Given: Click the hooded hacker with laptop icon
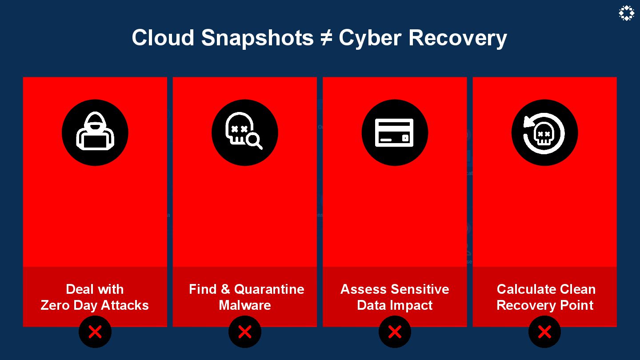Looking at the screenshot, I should [x=95, y=132].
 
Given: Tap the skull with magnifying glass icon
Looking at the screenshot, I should [x=245, y=132].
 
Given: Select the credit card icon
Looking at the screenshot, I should [x=395, y=132].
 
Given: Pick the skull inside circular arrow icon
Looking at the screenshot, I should [x=544, y=132].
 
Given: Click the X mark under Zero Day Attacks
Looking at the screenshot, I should [x=95, y=332].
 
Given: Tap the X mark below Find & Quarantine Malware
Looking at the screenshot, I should [x=245, y=332].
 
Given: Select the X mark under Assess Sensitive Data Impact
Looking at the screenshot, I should [x=395, y=332].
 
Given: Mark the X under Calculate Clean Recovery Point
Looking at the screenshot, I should [x=544, y=332].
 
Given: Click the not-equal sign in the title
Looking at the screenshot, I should [x=326, y=38].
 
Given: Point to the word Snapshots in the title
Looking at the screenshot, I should [x=257, y=38].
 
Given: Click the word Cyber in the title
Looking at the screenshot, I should [x=370, y=38].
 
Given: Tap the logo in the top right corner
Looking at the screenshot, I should [x=626, y=13].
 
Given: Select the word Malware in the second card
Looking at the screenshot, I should [x=245, y=305].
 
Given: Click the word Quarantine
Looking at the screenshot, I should [x=269, y=289].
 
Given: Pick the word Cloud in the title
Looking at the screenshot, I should [x=163, y=38].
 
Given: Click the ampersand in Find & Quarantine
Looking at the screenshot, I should [x=225, y=289].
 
